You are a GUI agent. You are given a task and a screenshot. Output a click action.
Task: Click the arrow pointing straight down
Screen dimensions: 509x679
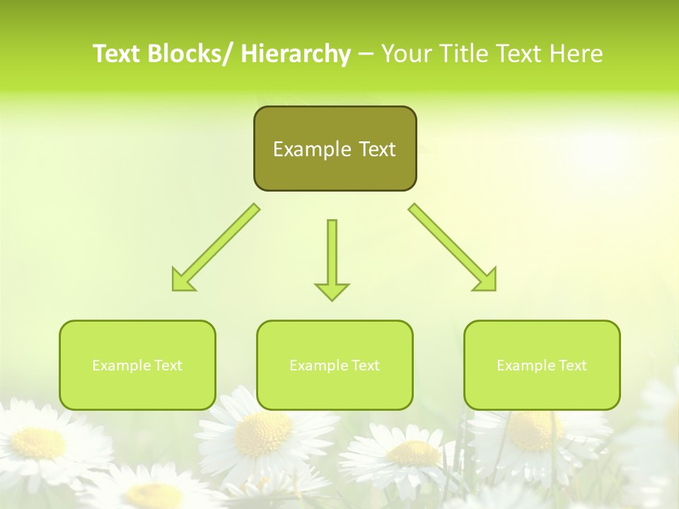tap(332, 255)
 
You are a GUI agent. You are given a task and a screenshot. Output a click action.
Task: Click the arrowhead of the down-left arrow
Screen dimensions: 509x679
tap(181, 281)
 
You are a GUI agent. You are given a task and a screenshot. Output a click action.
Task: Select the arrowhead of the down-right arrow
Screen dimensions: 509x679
tap(487, 281)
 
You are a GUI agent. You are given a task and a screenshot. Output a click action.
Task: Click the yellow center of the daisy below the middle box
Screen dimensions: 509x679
tap(263, 432)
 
